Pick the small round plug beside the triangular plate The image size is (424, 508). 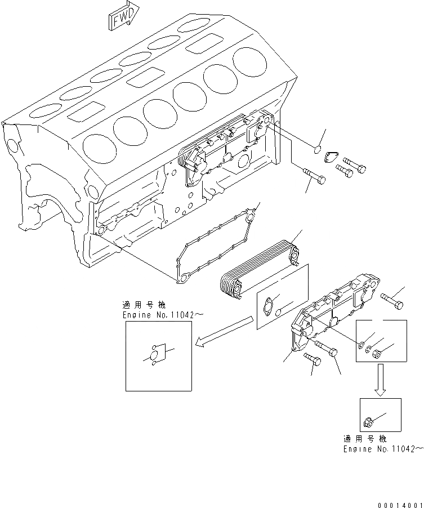317,150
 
